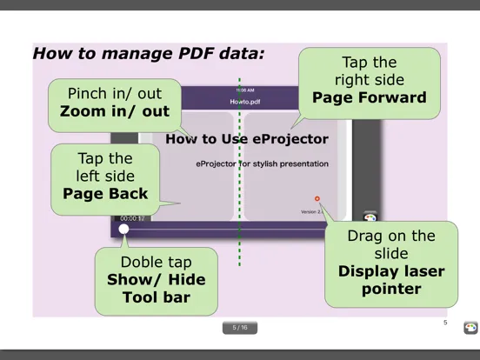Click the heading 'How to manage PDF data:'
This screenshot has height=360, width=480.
(x=149, y=54)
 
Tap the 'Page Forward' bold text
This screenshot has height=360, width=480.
(x=370, y=97)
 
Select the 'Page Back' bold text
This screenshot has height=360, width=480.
(x=106, y=193)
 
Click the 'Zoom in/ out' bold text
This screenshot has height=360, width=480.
(x=115, y=111)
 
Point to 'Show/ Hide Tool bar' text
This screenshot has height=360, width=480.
(x=149, y=288)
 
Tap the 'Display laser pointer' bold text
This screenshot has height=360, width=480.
(x=391, y=280)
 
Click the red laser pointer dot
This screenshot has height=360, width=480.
(x=317, y=199)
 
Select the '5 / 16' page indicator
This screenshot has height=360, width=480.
(x=240, y=328)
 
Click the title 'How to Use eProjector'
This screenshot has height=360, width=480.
(x=247, y=138)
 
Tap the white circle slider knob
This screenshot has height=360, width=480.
(x=124, y=229)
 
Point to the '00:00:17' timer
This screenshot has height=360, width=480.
(x=132, y=218)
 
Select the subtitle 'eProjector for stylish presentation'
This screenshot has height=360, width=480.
(x=262, y=163)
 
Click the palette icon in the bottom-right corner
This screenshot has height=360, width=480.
(x=470, y=328)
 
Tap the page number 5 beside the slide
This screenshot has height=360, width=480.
(x=445, y=323)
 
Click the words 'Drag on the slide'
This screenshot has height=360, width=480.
(x=390, y=244)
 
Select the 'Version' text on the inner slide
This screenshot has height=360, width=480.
(x=309, y=211)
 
